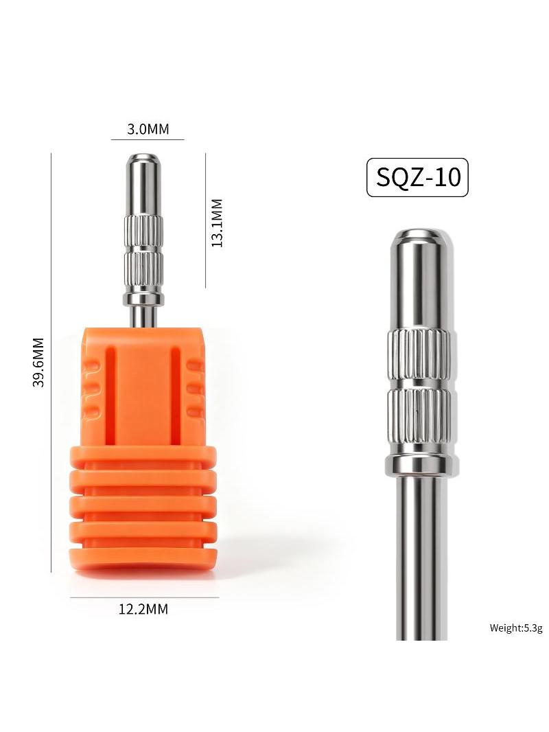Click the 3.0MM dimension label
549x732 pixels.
(x=148, y=129)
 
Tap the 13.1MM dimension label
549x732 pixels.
(x=217, y=222)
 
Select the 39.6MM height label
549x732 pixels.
(x=38, y=363)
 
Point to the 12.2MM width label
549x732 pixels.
(x=143, y=609)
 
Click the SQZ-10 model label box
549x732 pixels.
(x=417, y=177)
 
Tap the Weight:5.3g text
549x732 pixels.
(x=516, y=628)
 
